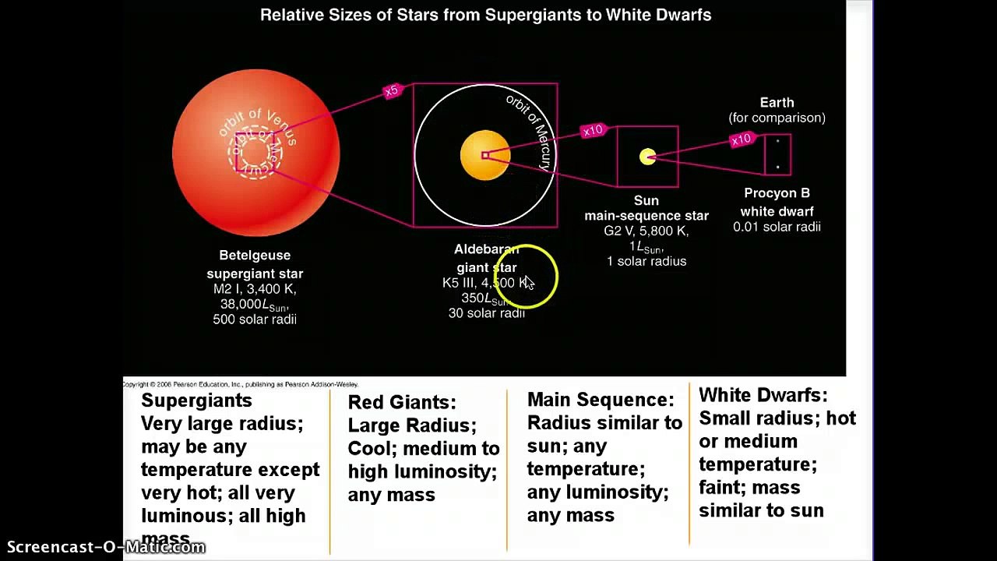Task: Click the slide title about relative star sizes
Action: coord(485,15)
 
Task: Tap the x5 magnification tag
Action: coord(392,91)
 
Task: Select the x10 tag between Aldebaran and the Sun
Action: coord(593,130)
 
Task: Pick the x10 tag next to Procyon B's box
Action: coord(741,139)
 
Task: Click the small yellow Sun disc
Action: coord(647,157)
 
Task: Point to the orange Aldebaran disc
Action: coord(484,156)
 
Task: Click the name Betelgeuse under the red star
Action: coord(255,256)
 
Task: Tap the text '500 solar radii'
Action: coord(255,319)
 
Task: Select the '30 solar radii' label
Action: coord(486,313)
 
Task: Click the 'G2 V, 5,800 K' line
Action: coord(646,231)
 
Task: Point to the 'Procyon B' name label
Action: coord(777,193)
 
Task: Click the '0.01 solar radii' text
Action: coord(777,227)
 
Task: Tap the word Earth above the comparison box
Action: coord(777,103)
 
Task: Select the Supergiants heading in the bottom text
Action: coord(196,400)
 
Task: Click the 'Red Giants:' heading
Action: coord(401,402)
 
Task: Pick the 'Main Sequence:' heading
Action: coord(601,400)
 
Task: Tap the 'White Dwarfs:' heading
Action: coord(763,395)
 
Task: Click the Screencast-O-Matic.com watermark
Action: coord(106,547)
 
